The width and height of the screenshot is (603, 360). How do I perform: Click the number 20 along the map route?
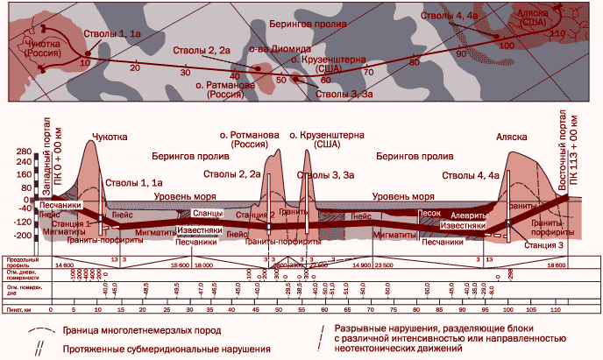pos(134,67)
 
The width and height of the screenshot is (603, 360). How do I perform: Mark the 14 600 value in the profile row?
pos(64,264)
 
